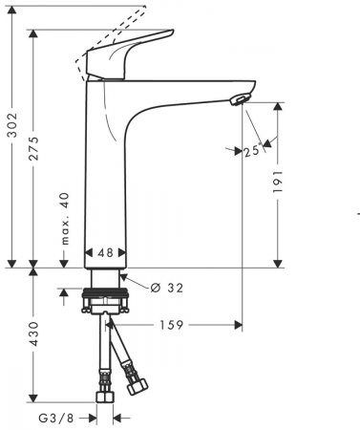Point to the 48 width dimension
tap(106, 254)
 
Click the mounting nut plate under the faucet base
tap(110, 308)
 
